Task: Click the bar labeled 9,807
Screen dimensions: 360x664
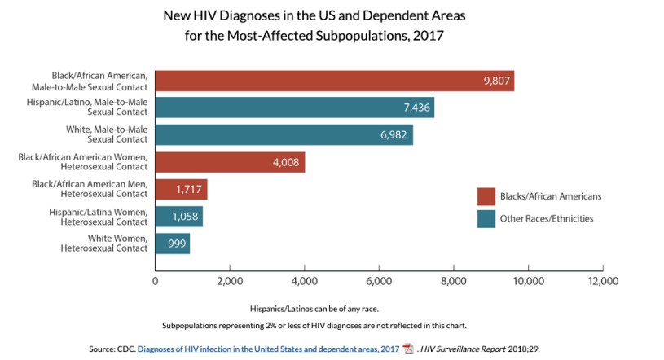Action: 334,81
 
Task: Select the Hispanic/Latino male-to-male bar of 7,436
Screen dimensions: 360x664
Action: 294,108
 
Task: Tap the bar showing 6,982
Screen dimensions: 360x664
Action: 284,135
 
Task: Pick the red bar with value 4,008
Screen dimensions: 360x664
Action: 230,162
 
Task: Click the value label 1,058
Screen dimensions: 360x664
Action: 185,217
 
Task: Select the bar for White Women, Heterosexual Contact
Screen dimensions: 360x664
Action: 173,244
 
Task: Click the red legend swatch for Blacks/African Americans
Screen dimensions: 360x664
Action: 486,197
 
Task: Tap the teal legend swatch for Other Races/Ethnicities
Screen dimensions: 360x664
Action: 486,218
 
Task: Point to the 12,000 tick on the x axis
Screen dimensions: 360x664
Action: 603,280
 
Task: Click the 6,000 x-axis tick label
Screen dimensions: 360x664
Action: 380,280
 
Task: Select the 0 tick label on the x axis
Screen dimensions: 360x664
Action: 156,280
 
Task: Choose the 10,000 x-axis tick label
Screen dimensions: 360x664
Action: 529,280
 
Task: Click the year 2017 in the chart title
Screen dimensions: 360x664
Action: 428,36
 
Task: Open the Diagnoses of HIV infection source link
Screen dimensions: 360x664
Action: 268,349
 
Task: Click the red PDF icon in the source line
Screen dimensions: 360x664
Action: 408,349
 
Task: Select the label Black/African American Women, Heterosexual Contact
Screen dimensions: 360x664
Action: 83,162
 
